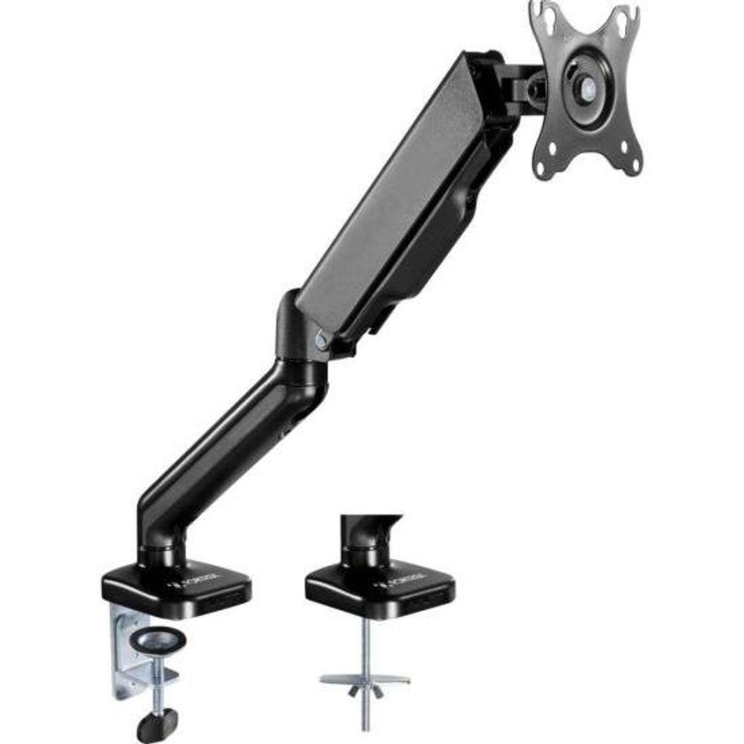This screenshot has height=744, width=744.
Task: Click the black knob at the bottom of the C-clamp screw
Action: pos(157,722)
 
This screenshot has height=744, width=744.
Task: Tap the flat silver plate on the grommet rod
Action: pos(365,679)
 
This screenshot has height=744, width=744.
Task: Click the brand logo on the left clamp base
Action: pos(217,577)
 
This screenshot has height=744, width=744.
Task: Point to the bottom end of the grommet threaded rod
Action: pos(365,725)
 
